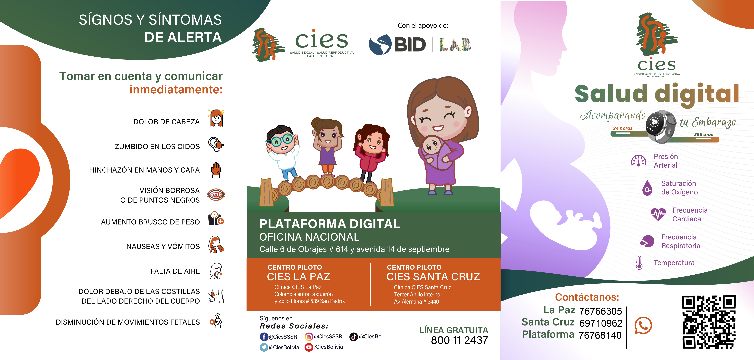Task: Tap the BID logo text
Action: [410, 45]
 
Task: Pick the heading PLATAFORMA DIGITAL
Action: [330, 224]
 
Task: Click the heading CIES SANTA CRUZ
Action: [433, 277]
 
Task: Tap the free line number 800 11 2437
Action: [459, 340]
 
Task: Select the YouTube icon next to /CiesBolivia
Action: [309, 347]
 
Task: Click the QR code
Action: [709, 322]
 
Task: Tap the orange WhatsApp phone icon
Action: [643, 325]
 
